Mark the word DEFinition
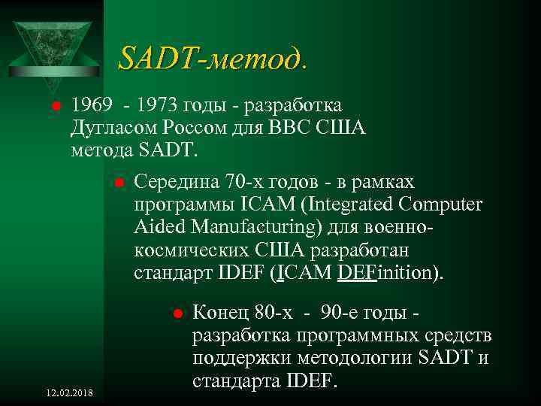386,272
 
